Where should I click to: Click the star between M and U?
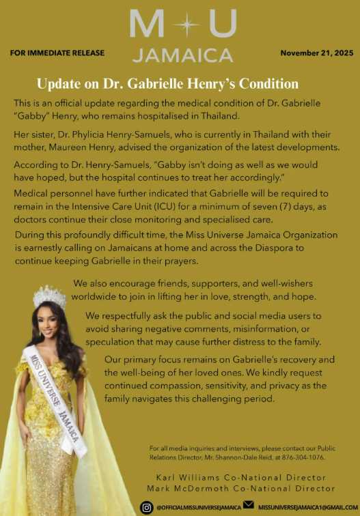click(x=182, y=26)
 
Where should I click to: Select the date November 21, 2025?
click(x=317, y=53)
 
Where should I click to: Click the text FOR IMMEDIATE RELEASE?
click(x=57, y=53)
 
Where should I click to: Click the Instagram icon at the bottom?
click(x=146, y=506)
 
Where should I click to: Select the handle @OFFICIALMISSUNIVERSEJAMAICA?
click(x=199, y=507)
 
